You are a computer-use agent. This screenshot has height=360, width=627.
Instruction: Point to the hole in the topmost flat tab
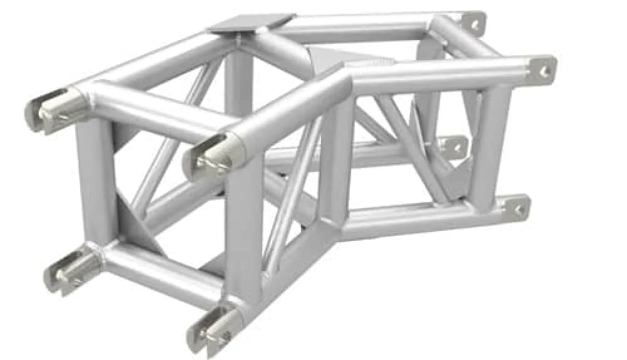point(475,24)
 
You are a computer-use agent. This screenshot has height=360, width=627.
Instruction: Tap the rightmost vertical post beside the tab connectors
point(486,144)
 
